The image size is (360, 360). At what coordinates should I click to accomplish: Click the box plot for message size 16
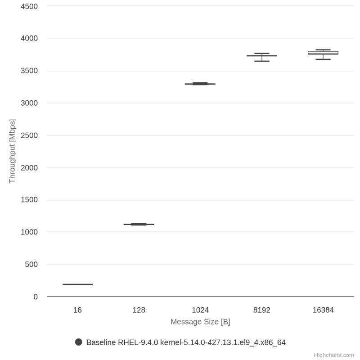[77, 284]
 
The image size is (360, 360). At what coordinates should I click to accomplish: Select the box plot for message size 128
[139, 224]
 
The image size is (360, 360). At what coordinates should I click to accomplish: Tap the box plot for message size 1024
[200, 84]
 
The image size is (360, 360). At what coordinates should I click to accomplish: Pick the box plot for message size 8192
[262, 56]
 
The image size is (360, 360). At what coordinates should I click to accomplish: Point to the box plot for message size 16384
[323, 53]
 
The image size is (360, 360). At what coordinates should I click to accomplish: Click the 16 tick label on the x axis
[77, 310]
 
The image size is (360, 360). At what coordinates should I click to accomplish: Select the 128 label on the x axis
[139, 310]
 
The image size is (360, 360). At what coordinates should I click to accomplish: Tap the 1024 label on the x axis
[200, 310]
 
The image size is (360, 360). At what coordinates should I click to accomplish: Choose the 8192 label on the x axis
[262, 310]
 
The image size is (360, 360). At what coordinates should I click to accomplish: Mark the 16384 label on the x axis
[323, 310]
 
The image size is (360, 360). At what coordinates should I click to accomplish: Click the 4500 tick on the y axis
[29, 6]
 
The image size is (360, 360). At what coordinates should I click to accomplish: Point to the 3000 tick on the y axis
[29, 103]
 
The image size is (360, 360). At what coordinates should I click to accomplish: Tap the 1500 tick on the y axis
[29, 200]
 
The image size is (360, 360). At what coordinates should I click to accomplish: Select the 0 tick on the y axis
[36, 297]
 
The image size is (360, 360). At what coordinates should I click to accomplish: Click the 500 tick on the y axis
[31, 265]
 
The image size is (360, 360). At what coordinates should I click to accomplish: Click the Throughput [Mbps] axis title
[12, 151]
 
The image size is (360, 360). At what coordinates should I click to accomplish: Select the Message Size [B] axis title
[200, 322]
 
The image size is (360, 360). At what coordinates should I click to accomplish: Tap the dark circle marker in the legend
[79, 342]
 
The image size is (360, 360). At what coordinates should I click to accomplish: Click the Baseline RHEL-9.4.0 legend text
[186, 342]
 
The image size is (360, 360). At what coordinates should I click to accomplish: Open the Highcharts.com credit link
[334, 355]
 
